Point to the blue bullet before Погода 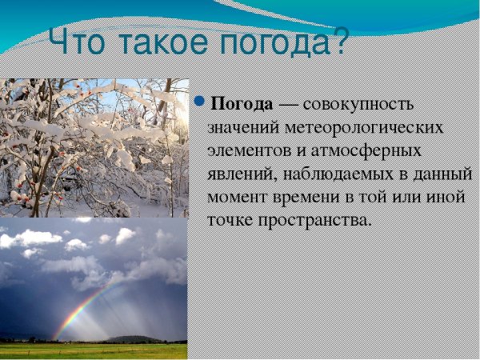[x=200, y=102]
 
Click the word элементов [x=247, y=151]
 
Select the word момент [x=234, y=196]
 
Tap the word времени [x=300, y=196]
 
